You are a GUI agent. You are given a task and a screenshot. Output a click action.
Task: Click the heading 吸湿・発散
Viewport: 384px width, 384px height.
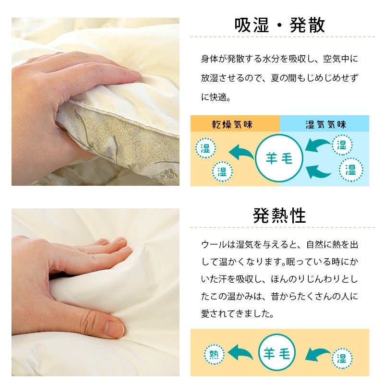[x=279, y=25]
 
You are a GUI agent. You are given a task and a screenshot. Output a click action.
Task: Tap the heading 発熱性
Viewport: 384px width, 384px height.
[x=279, y=216]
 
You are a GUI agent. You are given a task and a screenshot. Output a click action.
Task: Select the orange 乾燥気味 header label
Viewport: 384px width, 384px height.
[x=232, y=125]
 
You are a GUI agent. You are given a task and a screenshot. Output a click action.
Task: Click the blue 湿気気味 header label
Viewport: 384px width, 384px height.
[x=325, y=125]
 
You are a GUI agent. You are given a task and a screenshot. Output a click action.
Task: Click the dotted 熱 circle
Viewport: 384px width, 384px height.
[x=214, y=354]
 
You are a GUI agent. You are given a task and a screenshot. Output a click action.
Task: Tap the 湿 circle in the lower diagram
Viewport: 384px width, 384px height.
[x=342, y=358]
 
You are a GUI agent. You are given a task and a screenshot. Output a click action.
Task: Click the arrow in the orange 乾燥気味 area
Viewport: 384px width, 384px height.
[x=241, y=152]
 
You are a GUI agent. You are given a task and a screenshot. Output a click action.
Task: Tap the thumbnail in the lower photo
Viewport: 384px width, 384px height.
[x=115, y=329]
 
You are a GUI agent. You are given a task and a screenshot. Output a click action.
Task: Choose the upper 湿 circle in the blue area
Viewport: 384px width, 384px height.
[x=342, y=145]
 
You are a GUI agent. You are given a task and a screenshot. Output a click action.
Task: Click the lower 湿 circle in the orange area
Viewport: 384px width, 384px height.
[x=222, y=171]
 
